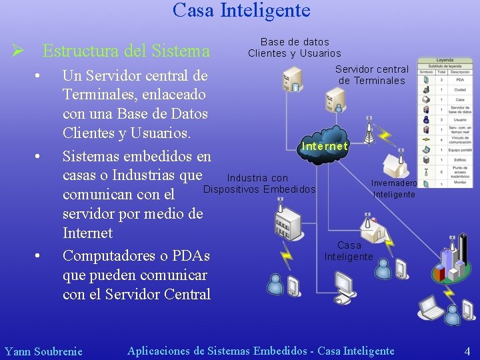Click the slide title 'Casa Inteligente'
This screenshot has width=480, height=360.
(x=241, y=11)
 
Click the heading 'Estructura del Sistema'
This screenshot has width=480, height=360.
(x=126, y=51)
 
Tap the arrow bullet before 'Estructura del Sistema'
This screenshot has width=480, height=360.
(x=19, y=51)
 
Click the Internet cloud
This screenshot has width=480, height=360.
(x=325, y=145)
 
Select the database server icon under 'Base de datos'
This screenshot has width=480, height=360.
(x=292, y=80)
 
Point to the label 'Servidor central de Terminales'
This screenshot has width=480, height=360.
(x=371, y=75)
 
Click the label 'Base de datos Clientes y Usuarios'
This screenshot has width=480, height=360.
(x=294, y=47)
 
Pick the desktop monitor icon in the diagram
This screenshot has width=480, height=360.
(x=345, y=285)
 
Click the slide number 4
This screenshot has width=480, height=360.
(x=467, y=351)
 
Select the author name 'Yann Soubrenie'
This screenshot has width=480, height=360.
(x=43, y=351)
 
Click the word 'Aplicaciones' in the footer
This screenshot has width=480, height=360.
(x=159, y=351)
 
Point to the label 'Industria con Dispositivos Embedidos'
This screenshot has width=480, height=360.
(x=259, y=183)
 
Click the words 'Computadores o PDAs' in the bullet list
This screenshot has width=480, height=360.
(x=136, y=256)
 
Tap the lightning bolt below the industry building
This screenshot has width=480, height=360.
(x=287, y=254)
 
